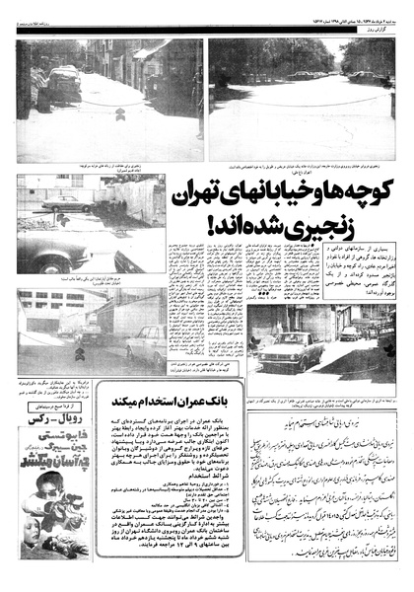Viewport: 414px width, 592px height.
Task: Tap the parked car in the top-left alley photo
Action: click(x=63, y=84)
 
